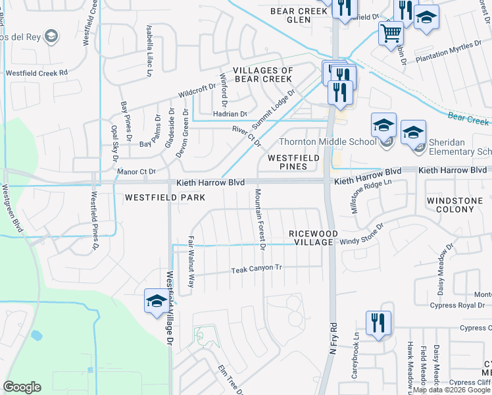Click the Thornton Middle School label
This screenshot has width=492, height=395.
point(327,141)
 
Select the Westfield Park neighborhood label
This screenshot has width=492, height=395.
point(165,197)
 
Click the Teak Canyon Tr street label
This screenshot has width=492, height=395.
point(257,269)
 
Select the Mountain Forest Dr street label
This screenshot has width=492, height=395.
point(259,219)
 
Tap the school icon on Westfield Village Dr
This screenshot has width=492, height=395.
point(157,302)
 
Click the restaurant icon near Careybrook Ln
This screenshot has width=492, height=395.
point(378,323)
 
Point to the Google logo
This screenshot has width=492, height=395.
point(22,386)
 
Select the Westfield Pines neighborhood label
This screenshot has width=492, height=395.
point(293,162)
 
